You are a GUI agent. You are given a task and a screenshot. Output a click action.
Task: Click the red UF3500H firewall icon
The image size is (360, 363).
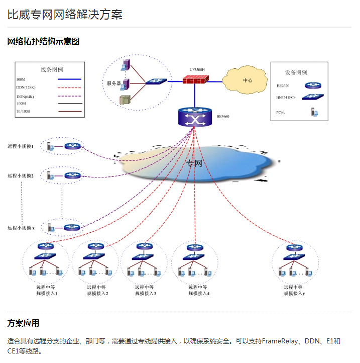tap(194, 79)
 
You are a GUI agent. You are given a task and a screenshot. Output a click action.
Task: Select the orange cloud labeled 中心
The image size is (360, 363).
tap(247, 80)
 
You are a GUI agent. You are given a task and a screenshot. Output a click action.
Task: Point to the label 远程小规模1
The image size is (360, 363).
tap(21, 146)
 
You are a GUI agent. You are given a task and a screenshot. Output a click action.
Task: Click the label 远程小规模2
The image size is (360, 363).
tap(21, 176)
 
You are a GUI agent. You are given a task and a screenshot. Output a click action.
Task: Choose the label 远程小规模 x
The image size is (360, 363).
tap(21, 228)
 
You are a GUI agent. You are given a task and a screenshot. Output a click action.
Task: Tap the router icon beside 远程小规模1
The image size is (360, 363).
tap(72, 146)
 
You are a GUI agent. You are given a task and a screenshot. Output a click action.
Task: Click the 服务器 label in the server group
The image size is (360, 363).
tap(113, 83)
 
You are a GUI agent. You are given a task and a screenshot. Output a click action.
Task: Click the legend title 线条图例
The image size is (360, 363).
tap(52, 69)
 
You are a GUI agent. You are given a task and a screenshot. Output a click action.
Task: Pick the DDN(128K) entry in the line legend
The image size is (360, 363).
tap(26, 88)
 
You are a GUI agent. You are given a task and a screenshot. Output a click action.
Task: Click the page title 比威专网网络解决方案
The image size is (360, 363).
tap(65, 14)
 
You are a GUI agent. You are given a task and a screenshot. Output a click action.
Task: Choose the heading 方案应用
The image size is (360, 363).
tap(23, 323)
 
